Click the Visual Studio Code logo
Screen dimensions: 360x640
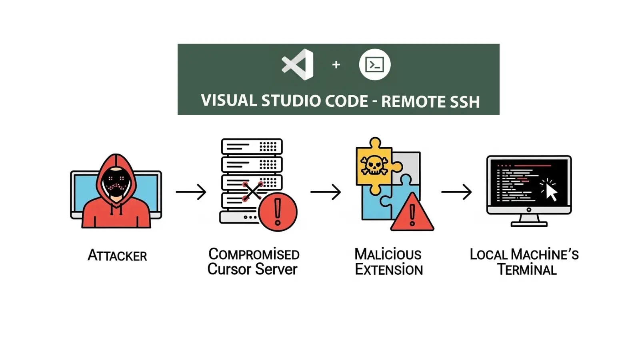tap(298, 64)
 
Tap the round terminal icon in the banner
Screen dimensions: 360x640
tap(374, 64)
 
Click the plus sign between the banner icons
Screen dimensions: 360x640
tap(336, 64)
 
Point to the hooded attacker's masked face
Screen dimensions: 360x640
tap(116, 183)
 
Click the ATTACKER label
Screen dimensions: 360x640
tap(117, 255)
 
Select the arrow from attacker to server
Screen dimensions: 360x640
tap(191, 192)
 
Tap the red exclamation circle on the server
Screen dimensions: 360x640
tap(278, 212)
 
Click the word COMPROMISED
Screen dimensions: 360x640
tap(254, 254)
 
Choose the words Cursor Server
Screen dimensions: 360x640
tap(252, 269)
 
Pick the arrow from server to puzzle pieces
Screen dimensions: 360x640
tap(326, 192)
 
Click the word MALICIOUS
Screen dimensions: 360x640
tap(388, 254)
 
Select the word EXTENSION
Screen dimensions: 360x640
tap(388, 270)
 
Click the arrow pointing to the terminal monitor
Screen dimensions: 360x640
tap(456, 192)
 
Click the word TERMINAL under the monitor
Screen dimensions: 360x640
tap(527, 270)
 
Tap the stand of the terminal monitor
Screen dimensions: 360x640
tap(529, 220)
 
